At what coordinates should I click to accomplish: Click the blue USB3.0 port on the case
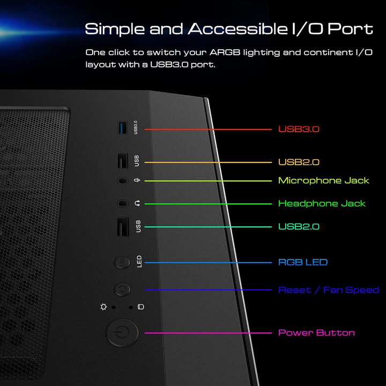point(123,128)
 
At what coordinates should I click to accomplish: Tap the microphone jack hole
point(123,181)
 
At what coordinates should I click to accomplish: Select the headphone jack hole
point(123,203)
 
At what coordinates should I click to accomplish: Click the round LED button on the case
point(122,262)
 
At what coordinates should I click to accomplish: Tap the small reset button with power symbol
point(122,289)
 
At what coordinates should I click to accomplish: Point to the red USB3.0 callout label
point(299,129)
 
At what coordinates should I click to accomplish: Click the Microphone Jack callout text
point(323,181)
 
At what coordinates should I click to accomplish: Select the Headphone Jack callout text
point(322,203)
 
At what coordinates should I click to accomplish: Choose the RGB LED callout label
point(303,262)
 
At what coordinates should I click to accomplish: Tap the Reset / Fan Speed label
point(329,289)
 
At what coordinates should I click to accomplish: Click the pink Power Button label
point(316,333)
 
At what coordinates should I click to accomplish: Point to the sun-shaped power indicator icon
point(103,307)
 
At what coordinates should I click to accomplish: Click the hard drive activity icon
point(141,307)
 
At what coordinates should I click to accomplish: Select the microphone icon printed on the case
point(137,181)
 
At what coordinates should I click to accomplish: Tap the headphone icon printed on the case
point(137,203)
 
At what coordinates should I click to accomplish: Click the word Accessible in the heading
point(238,29)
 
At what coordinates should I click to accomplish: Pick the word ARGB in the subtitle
point(225,53)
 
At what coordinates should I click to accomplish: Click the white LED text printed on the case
point(139,262)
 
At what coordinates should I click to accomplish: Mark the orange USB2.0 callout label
point(299,162)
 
